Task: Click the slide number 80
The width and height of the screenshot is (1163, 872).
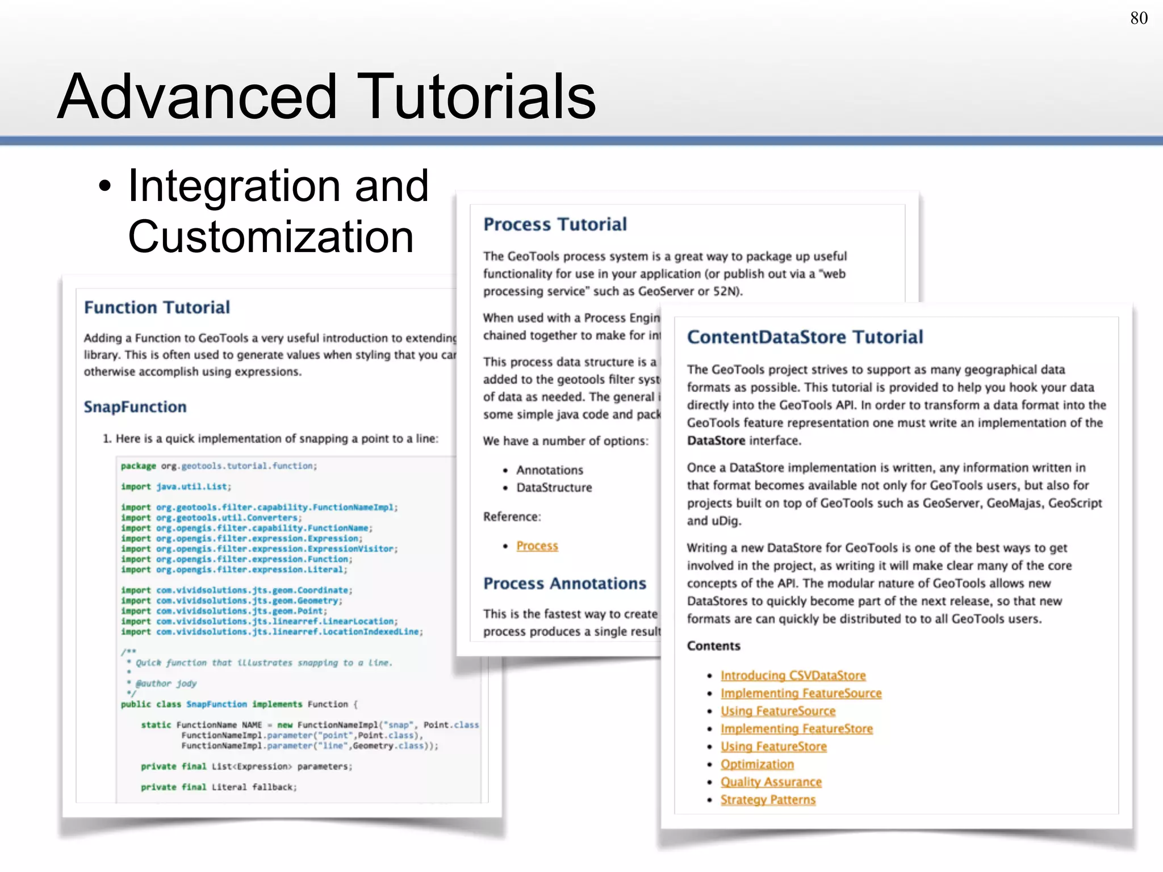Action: click(1139, 18)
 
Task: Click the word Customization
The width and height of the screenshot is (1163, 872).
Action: click(270, 237)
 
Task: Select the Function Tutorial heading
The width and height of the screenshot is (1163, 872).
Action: click(157, 307)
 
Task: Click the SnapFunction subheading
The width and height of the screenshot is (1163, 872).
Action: click(135, 406)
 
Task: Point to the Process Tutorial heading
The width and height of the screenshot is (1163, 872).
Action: click(555, 224)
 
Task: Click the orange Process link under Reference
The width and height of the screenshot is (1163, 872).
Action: click(537, 546)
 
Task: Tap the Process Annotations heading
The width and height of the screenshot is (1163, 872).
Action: click(564, 583)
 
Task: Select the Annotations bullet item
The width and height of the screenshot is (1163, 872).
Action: click(549, 470)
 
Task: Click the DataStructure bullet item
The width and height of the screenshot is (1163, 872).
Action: click(554, 488)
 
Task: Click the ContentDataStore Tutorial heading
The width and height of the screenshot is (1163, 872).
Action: click(805, 337)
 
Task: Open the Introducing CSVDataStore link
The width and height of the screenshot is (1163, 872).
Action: click(793, 676)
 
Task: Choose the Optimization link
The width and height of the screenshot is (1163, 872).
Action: click(757, 764)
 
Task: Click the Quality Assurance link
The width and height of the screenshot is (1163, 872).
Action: click(771, 782)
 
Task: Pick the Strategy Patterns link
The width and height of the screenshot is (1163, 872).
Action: click(768, 799)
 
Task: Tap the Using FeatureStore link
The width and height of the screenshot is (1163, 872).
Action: click(773, 747)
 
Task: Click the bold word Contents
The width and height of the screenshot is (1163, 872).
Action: click(713, 645)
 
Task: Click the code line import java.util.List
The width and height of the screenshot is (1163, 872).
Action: click(176, 487)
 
